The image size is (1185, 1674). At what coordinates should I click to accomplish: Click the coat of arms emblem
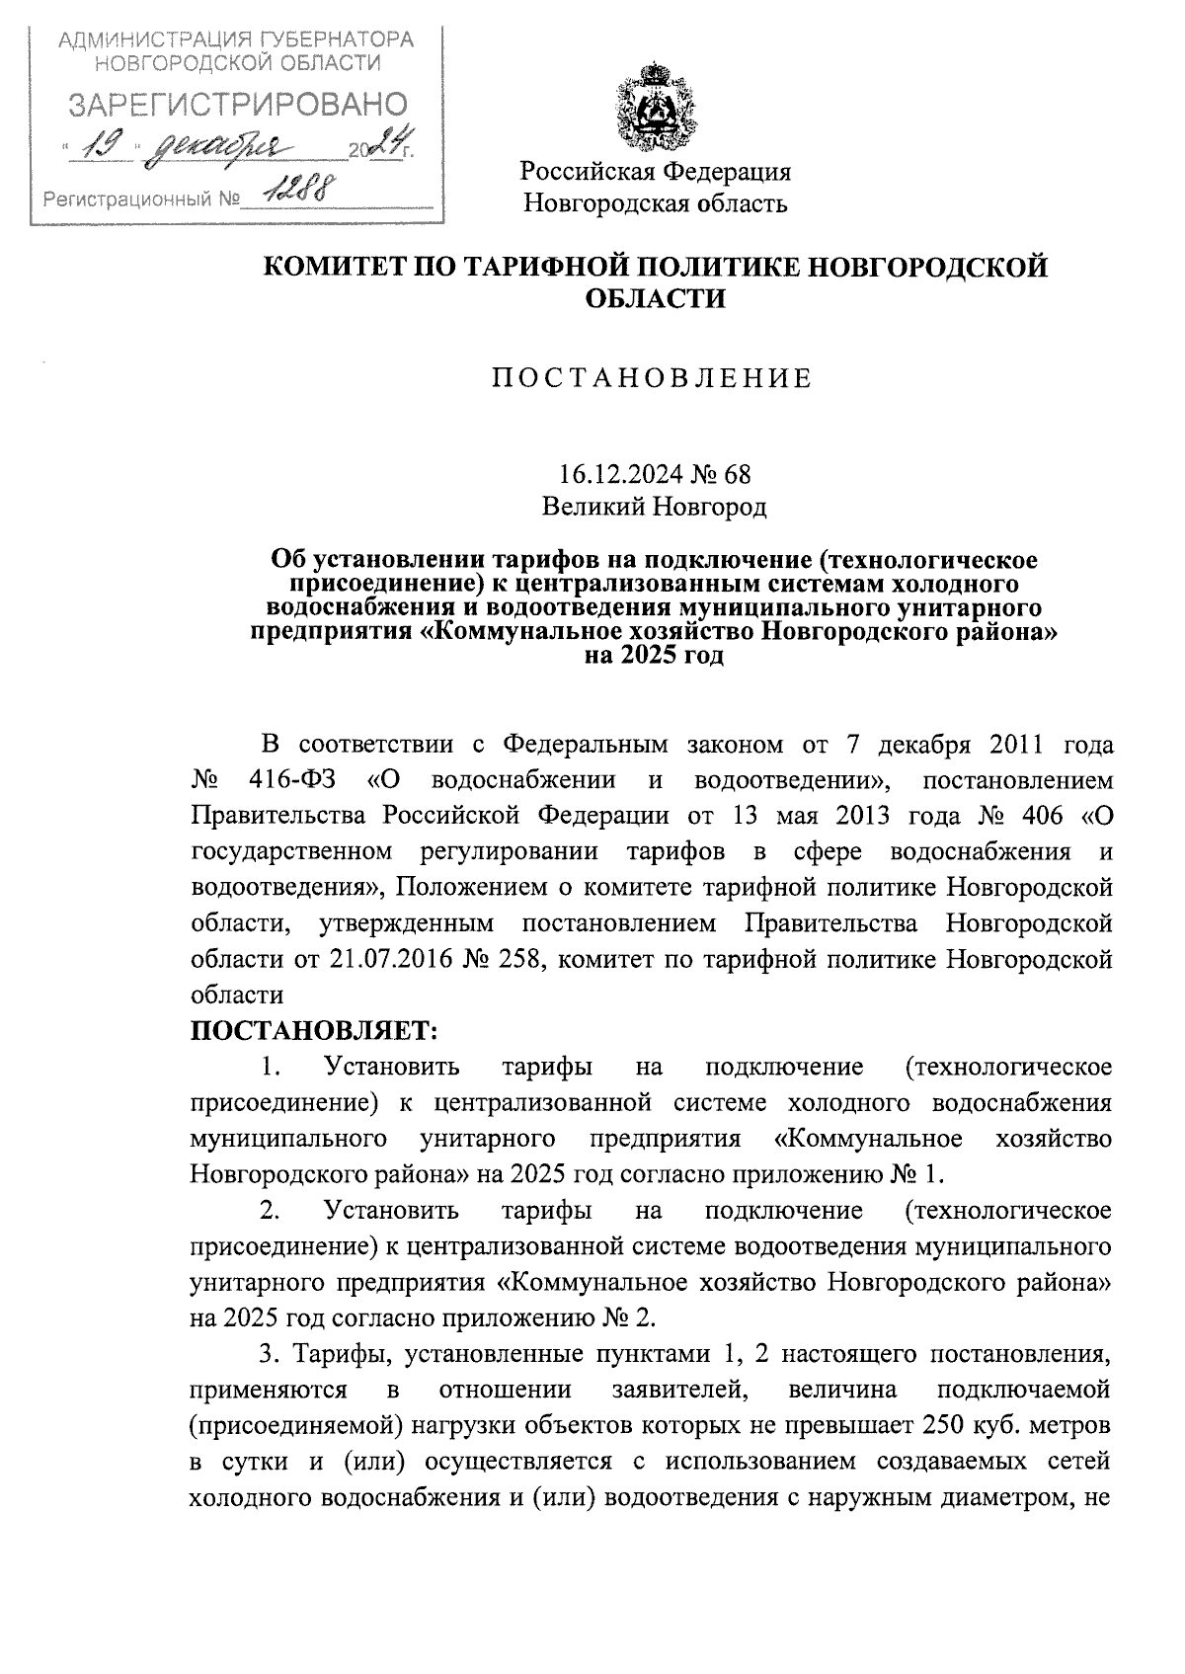point(655,104)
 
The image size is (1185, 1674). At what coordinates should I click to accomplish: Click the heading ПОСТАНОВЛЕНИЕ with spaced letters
point(653,378)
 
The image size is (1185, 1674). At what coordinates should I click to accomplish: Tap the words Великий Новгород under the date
point(654,508)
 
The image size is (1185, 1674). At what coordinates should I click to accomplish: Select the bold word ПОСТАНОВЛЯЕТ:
point(312,1031)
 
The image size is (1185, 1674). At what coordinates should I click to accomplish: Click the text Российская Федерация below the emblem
point(657,172)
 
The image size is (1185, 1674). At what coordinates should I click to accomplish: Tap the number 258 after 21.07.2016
point(512,960)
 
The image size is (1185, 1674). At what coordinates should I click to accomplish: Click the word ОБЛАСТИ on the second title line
point(654,299)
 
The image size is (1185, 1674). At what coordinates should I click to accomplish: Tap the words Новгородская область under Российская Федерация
point(655,204)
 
